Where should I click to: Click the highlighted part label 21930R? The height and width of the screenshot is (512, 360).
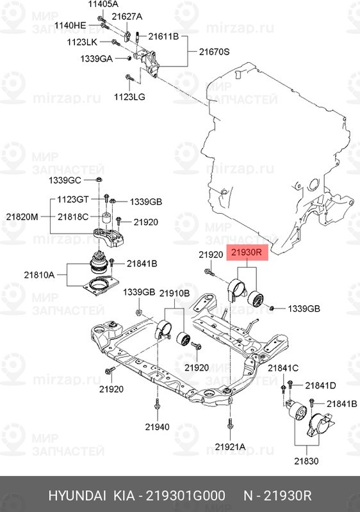pos(247,253)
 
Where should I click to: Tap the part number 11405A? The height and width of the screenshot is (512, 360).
pos(103,4)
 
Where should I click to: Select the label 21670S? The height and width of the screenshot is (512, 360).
pos(215,52)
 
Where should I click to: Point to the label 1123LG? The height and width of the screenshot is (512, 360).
pos(129,97)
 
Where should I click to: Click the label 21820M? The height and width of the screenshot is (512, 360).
pos(22,216)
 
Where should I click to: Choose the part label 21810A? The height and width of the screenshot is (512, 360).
pos(39,275)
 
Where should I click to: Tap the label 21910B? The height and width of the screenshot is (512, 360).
pos(174,293)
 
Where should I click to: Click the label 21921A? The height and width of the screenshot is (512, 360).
pos(230,447)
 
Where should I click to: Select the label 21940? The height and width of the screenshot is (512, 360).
pos(157,427)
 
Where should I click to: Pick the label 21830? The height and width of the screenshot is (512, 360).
pos(306,461)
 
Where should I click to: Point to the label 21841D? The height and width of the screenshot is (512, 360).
pos(320,386)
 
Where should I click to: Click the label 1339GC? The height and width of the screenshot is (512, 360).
pos(65,180)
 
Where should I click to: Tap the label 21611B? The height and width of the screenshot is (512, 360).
pos(163,36)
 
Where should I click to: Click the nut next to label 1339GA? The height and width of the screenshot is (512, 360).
pos(129,58)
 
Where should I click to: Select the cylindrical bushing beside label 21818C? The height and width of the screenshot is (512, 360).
pos(106,218)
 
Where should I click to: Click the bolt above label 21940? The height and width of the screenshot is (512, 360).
pos(157,404)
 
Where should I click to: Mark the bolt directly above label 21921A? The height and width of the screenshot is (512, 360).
pos(230,424)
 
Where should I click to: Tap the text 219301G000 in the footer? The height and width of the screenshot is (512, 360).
pos(185,495)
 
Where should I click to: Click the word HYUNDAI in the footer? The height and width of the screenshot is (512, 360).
pos(77,495)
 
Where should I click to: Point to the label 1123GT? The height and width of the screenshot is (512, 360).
pos(72,199)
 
